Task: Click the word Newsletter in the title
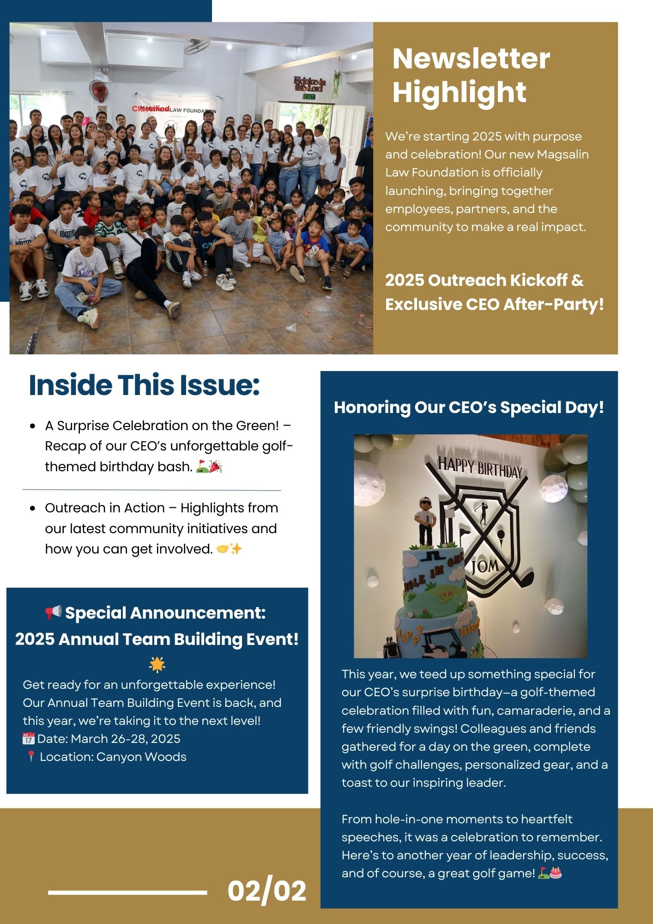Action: (471, 59)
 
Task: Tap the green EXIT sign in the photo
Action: (309, 97)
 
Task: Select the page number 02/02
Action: (267, 891)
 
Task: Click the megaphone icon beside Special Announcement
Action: (54, 613)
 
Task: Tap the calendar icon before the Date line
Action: (29, 738)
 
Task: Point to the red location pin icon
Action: (30, 757)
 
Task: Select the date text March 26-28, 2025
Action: (126, 739)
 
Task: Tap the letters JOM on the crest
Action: (485, 565)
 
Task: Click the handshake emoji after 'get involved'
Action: (223, 549)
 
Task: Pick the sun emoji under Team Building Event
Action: (157, 664)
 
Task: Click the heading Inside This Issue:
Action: (144, 385)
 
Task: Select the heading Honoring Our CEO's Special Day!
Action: (469, 407)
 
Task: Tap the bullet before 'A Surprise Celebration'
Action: (32, 426)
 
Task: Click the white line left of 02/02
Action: (127, 893)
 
